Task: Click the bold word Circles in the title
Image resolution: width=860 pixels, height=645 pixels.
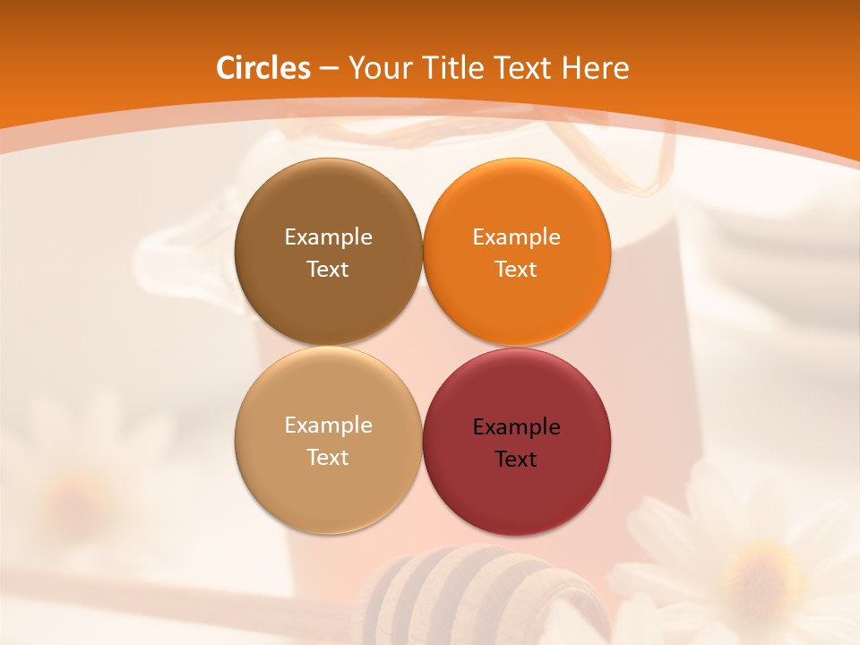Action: pyautogui.click(x=263, y=68)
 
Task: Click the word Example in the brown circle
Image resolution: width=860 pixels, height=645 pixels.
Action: pyautogui.click(x=328, y=237)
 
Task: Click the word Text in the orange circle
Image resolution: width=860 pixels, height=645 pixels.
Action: pyautogui.click(x=516, y=270)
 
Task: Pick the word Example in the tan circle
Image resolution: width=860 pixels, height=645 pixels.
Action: pyautogui.click(x=328, y=426)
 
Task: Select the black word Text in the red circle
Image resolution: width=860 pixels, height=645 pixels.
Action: pyautogui.click(x=516, y=460)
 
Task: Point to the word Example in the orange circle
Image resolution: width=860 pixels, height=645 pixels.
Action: pyautogui.click(x=516, y=237)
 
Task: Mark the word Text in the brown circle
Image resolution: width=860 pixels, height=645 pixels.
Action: pyautogui.click(x=328, y=270)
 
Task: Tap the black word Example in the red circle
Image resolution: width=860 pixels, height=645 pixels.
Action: pyautogui.click(x=516, y=427)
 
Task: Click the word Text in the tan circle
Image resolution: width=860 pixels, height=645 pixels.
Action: pyautogui.click(x=328, y=458)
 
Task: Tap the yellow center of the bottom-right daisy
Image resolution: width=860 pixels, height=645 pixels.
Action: pyautogui.click(x=757, y=569)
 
